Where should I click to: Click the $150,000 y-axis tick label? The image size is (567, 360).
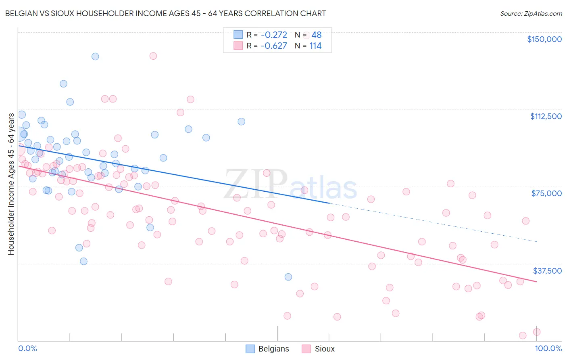[544, 39]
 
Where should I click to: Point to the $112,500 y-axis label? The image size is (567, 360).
[546, 116]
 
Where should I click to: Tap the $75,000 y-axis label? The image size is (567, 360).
[546, 193]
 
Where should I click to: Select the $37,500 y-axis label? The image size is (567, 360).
[547, 271]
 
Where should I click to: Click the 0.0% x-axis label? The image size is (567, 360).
[27, 348]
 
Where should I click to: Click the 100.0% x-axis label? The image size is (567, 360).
[548, 348]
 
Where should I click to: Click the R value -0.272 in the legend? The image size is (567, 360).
[274, 35]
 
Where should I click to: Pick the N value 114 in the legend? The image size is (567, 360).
[315, 46]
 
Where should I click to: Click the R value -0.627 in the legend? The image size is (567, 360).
[274, 46]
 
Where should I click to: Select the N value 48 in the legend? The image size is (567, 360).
[317, 35]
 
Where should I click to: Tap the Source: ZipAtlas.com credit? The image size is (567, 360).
[531, 13]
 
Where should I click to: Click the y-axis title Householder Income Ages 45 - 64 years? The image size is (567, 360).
[11, 184]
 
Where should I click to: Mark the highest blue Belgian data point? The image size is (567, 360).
[95, 57]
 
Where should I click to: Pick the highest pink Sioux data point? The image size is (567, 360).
[153, 56]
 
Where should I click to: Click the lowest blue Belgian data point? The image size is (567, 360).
[288, 277]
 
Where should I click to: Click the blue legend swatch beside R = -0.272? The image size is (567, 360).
[238, 35]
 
